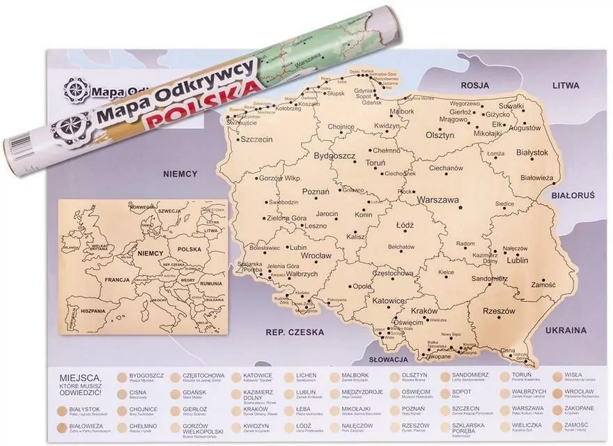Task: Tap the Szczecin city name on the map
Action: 256,139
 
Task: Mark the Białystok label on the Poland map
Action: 533,152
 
